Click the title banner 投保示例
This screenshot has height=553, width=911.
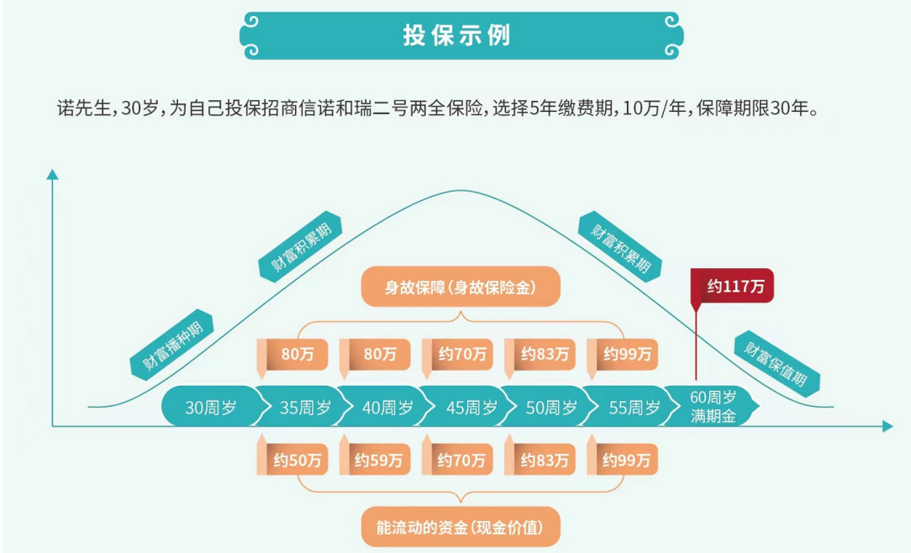(461, 35)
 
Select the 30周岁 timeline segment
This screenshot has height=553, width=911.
(210, 407)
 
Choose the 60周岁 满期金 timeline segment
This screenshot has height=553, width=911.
(712, 407)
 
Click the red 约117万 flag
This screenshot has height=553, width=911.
(733, 286)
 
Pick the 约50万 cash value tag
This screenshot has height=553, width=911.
(292, 459)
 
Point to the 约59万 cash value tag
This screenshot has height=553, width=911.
(375, 459)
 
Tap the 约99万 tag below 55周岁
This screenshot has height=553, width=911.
(622, 459)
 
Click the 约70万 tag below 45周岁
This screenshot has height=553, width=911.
(457, 459)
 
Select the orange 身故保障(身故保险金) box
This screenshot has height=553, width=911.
(461, 287)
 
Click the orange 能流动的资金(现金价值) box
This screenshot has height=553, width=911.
(461, 527)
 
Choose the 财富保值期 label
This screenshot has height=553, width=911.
(777, 364)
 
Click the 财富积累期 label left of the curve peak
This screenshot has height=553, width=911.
(301, 247)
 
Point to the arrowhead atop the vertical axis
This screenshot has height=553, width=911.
(52, 174)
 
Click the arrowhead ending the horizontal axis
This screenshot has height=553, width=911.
(887, 426)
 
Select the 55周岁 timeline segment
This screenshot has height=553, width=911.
(632, 407)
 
